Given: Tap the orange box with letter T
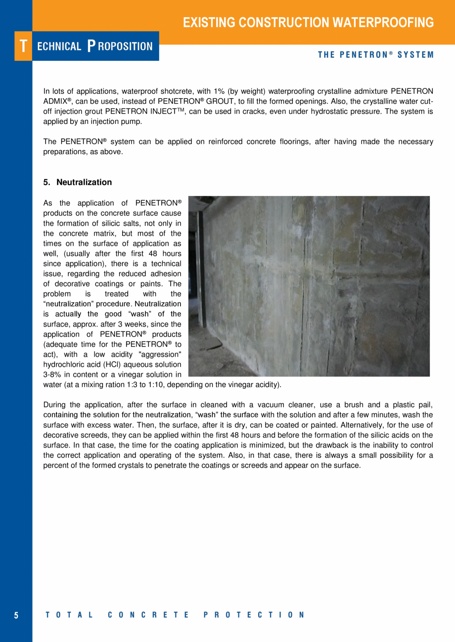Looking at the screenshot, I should point(23,46).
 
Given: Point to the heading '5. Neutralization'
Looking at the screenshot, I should point(78,182).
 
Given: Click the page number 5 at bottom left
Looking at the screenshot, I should point(16,615).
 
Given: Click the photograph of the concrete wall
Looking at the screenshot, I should point(309,286).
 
